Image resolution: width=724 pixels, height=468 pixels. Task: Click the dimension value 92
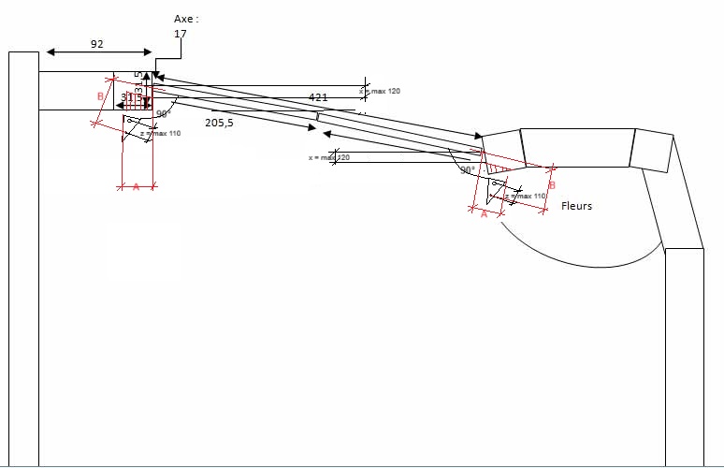(97, 43)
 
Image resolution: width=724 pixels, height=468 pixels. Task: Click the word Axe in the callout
(185, 18)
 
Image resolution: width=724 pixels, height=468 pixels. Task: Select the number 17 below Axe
(180, 34)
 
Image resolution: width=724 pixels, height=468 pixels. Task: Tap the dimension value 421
(319, 96)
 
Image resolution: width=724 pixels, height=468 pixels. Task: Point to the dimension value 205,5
(219, 123)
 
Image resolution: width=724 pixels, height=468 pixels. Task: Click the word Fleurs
(576, 206)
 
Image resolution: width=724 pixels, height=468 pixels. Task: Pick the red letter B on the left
(100, 95)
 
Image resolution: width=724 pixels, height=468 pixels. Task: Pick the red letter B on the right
(552, 185)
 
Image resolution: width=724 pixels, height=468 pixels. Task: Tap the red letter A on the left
(136, 187)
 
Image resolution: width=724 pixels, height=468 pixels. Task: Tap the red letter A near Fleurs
(484, 213)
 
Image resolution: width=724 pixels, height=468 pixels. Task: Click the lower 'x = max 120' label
(329, 157)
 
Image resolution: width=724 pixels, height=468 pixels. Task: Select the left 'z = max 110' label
(160, 134)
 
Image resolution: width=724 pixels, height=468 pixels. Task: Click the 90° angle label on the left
(162, 113)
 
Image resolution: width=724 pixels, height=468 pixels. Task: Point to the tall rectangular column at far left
(23, 262)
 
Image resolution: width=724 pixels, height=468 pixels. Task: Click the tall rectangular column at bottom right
(684, 356)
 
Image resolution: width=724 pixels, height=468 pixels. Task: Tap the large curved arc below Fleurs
(580, 257)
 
